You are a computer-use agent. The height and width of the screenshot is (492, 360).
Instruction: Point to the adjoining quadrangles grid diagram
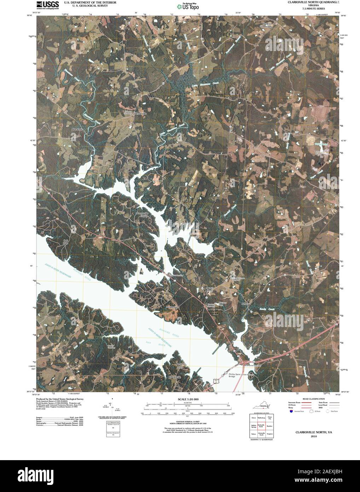263,427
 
